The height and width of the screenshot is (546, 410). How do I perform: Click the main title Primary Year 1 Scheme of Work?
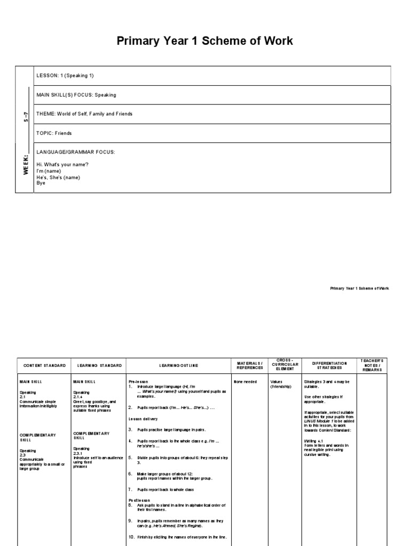pos(205,41)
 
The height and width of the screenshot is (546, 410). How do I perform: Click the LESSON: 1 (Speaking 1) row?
pos(68,76)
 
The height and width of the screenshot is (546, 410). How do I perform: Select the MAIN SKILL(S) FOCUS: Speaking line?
pos(76,95)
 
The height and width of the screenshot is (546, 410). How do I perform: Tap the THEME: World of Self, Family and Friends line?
pos(84,114)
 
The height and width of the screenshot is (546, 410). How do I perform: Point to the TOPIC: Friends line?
pos(54,133)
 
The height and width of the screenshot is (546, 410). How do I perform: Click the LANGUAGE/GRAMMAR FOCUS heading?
pos(75,152)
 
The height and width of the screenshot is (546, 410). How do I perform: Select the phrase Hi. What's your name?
pos(62,165)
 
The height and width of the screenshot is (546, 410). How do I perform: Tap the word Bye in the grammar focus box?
pos(41,183)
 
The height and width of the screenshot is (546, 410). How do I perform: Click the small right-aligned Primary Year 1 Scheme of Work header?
pos(359,288)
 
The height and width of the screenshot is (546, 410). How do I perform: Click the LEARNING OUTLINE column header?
pos(178,365)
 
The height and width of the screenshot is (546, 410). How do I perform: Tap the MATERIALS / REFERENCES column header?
pos(250,365)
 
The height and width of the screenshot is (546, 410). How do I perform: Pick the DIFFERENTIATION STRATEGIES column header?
pos(329,365)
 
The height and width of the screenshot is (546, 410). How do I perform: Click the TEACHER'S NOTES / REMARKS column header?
pos(373,365)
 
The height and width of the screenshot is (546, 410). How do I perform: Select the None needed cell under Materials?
pos(245,382)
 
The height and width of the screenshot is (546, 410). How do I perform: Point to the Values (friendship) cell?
pos(281,384)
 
